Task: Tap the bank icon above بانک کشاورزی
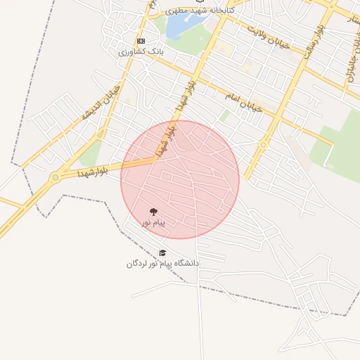click(x=141, y=41)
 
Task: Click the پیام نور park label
click(x=153, y=223)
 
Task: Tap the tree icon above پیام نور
click(x=153, y=212)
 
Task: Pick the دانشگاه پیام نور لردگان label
click(x=163, y=264)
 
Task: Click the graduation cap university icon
click(x=162, y=253)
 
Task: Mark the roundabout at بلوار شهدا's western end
click(x=54, y=179)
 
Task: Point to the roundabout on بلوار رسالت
click(x=263, y=144)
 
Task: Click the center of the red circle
click(x=180, y=179)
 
